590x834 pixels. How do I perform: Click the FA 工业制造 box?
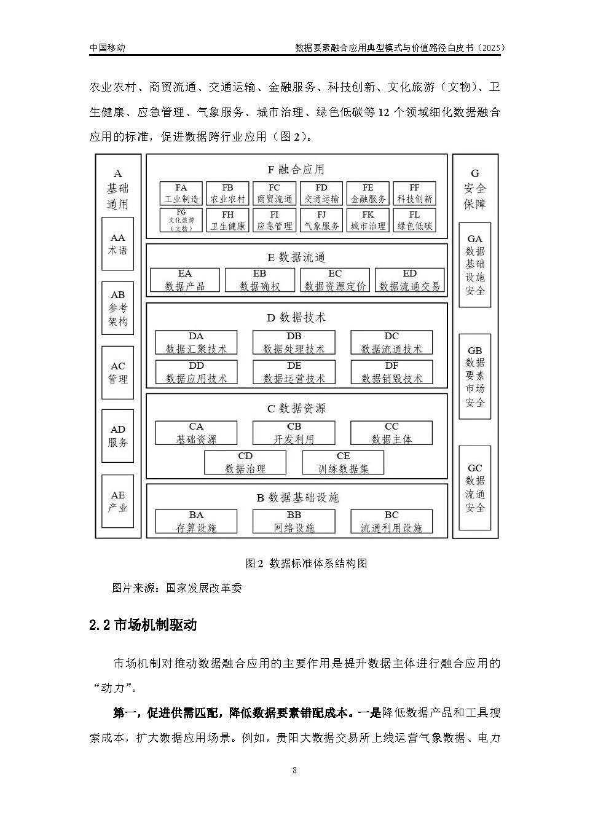click(181, 194)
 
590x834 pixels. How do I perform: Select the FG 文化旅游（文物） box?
click(181, 220)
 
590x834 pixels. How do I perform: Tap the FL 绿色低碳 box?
click(414, 220)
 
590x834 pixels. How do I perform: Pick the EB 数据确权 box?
click(259, 280)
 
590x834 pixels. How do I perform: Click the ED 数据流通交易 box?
click(409, 280)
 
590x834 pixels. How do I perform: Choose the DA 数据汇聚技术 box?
click(196, 343)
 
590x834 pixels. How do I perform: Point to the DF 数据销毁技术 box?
click(391, 372)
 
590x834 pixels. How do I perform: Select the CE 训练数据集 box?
click(343, 463)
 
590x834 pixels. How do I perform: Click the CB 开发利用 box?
click(294, 433)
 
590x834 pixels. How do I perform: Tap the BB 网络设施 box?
click(294, 522)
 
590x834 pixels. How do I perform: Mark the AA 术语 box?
click(117, 244)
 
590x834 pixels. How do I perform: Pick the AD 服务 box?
click(117, 436)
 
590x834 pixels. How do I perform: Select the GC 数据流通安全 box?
click(475, 488)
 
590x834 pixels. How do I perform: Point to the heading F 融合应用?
click(296, 169)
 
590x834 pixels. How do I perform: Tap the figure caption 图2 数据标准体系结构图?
click(306, 563)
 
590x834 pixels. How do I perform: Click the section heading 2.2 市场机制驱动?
click(143, 625)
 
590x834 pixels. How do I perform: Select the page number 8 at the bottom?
click(295, 770)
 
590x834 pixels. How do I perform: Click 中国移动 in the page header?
click(108, 47)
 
